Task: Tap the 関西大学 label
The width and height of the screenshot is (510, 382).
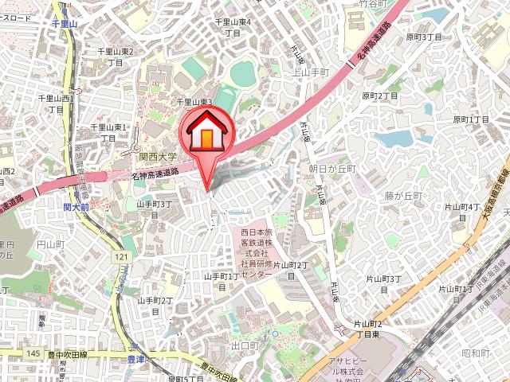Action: click(x=159, y=158)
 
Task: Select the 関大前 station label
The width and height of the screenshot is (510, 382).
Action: click(x=76, y=207)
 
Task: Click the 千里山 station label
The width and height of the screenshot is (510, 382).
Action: click(x=65, y=25)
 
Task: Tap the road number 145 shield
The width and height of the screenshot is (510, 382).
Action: click(x=33, y=353)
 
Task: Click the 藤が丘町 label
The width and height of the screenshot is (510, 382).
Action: click(x=402, y=196)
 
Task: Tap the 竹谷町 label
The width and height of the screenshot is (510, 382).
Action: click(x=372, y=4)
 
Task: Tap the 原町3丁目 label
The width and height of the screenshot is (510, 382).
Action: click(x=423, y=37)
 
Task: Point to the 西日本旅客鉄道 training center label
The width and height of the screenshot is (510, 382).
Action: click(x=257, y=252)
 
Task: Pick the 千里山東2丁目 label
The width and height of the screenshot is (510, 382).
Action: click(x=116, y=56)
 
